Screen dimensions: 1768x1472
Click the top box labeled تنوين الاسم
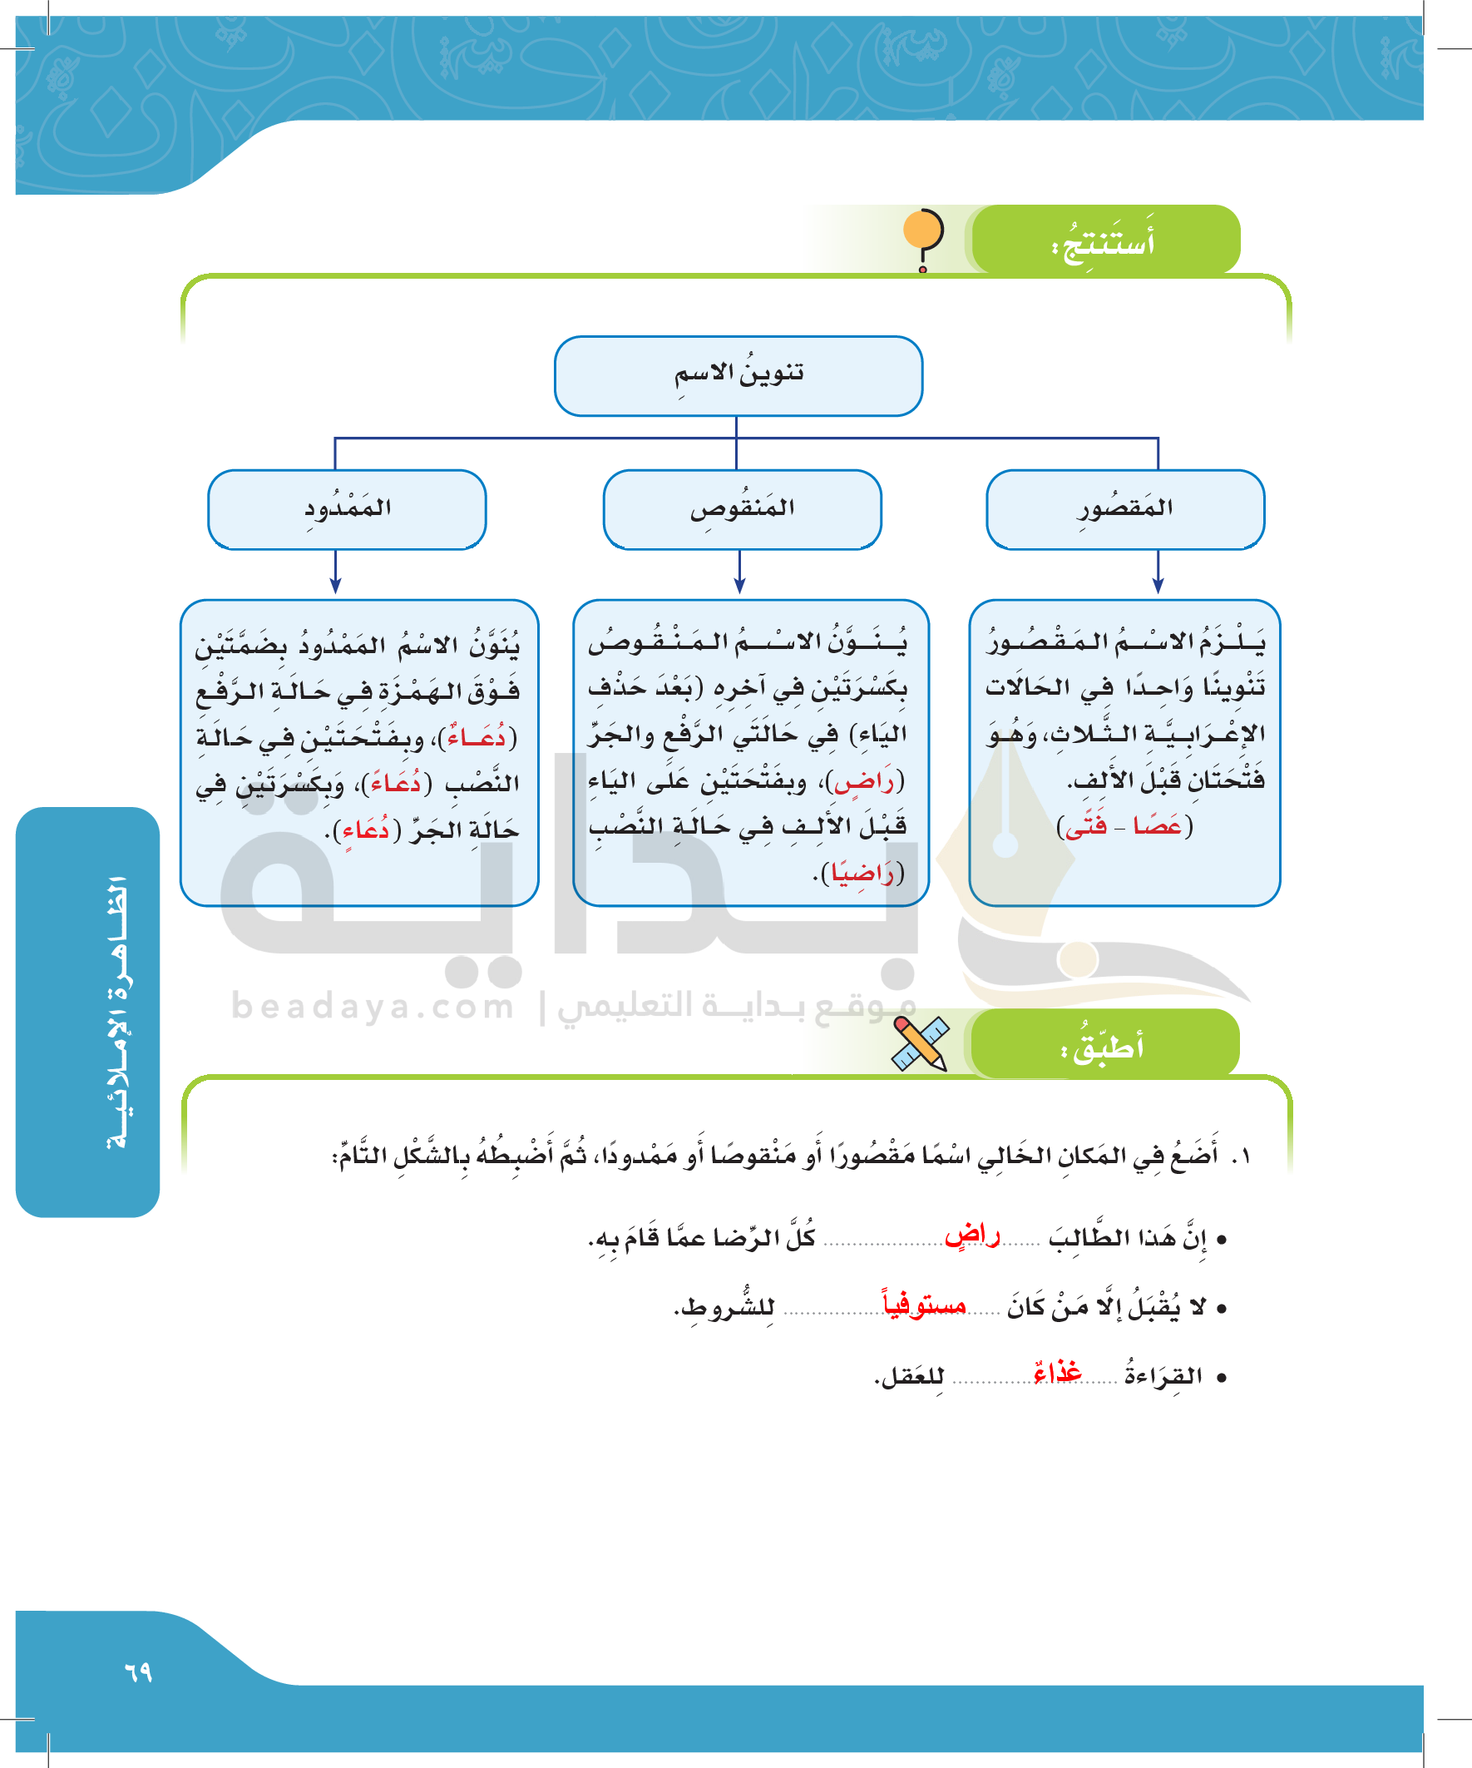click(738, 375)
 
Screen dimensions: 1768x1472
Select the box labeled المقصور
click(1125, 509)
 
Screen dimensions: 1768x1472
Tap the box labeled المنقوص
click(743, 509)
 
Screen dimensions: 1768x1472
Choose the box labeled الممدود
click(347, 509)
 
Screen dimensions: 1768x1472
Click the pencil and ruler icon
click(920, 1043)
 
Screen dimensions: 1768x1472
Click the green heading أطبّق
click(1103, 1047)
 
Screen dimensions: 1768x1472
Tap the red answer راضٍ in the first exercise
click(973, 1236)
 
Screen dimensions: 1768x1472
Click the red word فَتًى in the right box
click(1085, 827)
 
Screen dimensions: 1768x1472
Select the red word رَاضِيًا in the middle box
click(862, 874)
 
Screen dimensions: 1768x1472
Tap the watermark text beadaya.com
click(372, 1006)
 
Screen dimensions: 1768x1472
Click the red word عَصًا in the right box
click(1158, 827)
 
